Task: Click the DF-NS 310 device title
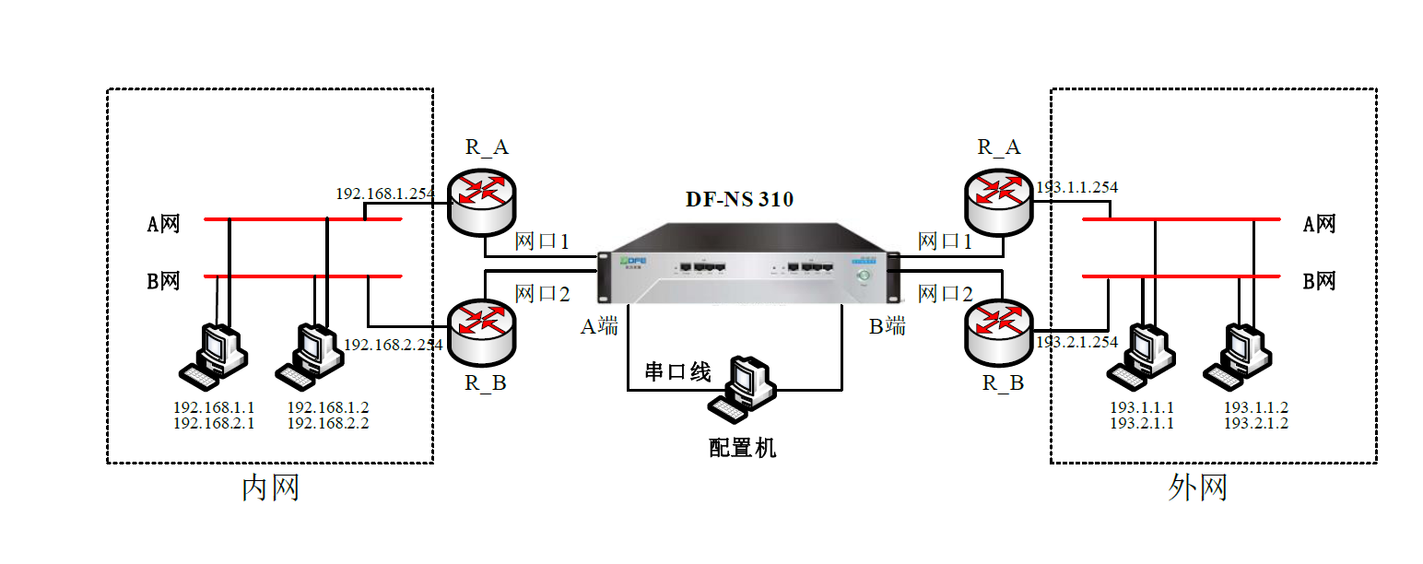[739, 199]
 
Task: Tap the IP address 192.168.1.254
[384, 194]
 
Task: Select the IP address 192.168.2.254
[394, 344]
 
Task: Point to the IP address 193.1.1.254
[1076, 187]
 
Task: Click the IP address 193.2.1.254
[1076, 342]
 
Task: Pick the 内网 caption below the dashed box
[270, 488]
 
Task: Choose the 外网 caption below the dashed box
[1197, 488]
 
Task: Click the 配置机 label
[743, 448]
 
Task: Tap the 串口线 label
[677, 372]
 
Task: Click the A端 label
[599, 326]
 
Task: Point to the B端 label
[888, 326]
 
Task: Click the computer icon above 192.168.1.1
[214, 356]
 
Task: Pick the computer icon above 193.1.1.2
[1241, 356]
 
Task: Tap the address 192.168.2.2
[328, 424]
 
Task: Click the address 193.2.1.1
[1142, 424]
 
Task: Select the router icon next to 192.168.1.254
[482, 196]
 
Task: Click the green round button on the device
[864, 275]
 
